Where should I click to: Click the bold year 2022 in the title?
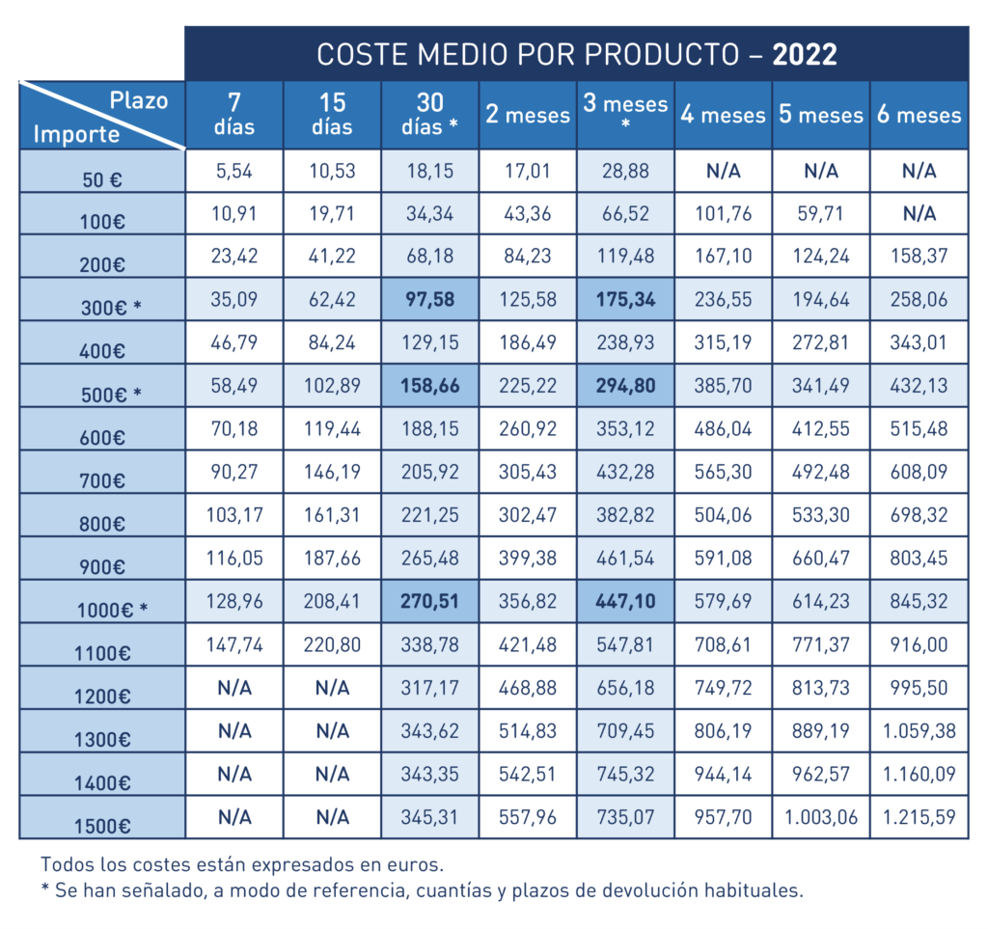click(804, 54)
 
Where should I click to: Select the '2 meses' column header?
click(528, 115)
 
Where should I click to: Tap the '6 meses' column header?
click(919, 115)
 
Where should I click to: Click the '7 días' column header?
click(234, 115)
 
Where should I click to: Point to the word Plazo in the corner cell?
click(139, 99)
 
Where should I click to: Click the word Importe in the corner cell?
click(76, 134)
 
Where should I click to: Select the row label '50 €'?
click(103, 178)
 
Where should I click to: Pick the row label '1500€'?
click(103, 825)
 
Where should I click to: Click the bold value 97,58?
click(430, 299)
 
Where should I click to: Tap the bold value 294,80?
click(626, 386)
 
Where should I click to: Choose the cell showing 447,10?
click(626, 601)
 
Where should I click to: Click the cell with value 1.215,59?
click(919, 817)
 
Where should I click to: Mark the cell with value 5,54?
click(234, 171)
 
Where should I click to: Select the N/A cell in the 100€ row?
click(919, 213)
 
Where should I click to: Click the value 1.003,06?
click(821, 817)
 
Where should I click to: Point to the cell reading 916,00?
click(919, 644)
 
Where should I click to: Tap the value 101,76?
click(723, 213)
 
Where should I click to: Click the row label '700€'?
click(103, 480)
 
